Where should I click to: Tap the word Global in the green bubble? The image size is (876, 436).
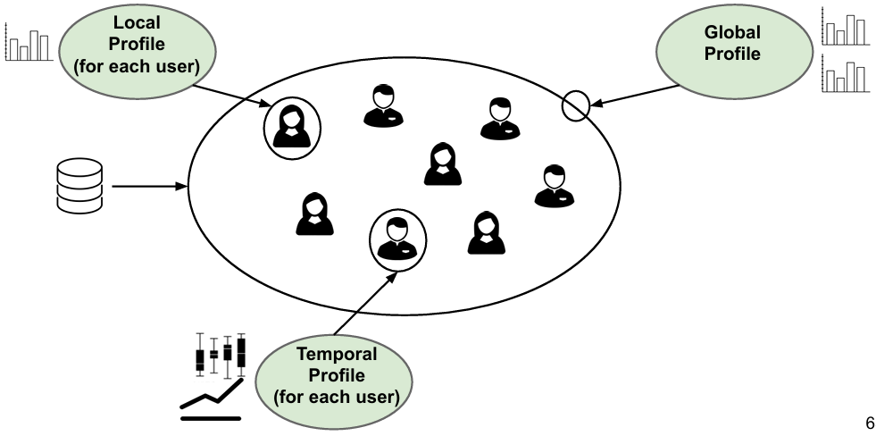click(x=732, y=33)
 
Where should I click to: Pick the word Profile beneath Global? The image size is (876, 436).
click(x=732, y=54)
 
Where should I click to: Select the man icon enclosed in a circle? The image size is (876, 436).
click(x=396, y=238)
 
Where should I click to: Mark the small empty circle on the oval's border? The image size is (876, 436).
click(x=575, y=106)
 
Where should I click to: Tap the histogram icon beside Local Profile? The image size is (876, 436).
click(x=28, y=42)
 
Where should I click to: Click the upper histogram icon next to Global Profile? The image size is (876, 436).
click(x=844, y=27)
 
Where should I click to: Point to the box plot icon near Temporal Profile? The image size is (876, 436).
click(x=221, y=352)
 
